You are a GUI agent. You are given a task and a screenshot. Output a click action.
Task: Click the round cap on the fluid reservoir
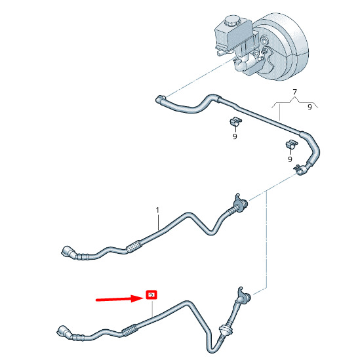(x=231, y=21)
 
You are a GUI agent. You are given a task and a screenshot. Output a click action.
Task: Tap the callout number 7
(x=294, y=92)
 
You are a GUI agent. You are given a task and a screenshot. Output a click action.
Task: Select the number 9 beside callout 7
(x=310, y=107)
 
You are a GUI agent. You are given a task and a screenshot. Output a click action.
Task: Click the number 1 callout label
(x=157, y=211)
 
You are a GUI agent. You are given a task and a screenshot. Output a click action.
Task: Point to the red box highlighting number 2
(x=151, y=294)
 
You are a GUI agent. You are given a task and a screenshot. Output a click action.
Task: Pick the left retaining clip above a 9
(x=235, y=121)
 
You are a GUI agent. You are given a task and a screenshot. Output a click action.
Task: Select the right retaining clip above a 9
(x=291, y=144)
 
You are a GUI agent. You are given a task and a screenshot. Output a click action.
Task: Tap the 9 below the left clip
(x=235, y=136)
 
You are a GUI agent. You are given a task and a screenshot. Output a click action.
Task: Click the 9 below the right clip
(x=290, y=159)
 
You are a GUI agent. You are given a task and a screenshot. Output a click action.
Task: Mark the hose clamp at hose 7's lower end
(x=300, y=169)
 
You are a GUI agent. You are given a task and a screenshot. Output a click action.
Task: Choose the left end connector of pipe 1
(x=68, y=252)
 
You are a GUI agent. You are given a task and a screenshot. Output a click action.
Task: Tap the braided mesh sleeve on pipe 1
(x=134, y=247)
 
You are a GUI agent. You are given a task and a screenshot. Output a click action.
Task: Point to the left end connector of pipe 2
(x=63, y=332)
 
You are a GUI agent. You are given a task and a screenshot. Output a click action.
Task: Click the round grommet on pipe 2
(x=224, y=329)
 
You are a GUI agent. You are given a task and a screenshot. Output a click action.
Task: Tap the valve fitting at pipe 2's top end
(x=243, y=296)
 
